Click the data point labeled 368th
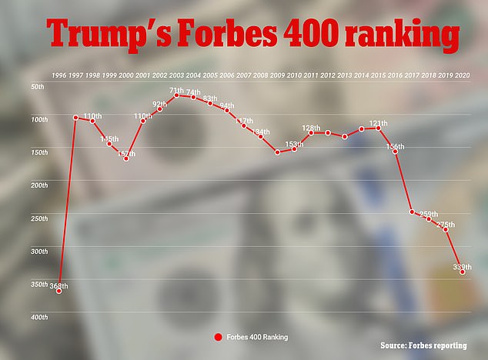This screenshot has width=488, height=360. tap(58, 292)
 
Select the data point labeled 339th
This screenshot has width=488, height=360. tap(463, 272)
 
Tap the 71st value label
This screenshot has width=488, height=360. tap(176, 90)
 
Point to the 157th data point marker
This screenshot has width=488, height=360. tap(125, 158)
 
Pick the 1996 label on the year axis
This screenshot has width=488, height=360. tap(58, 75)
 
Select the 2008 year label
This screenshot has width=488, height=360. tap(260, 75)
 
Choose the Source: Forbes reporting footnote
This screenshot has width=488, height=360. tap(432, 345)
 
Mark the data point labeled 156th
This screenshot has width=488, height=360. tap(395, 152)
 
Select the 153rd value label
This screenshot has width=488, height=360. tap(294, 144)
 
